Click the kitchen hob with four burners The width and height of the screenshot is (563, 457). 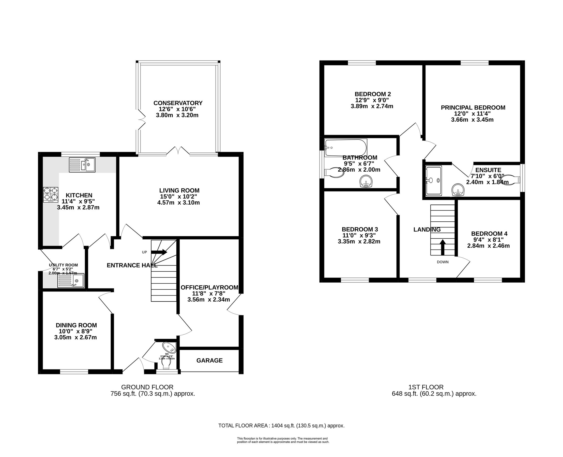51,194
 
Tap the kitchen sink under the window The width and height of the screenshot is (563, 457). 82,165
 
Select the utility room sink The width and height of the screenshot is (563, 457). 71,281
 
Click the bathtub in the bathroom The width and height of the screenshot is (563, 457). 345,148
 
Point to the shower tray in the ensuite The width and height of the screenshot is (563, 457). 434,181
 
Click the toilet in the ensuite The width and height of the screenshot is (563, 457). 510,180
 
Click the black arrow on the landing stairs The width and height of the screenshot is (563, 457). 443,247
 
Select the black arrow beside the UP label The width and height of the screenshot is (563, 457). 159,252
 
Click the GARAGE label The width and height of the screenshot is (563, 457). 209,360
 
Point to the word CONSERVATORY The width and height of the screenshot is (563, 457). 178,103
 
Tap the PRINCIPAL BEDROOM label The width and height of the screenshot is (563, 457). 473,107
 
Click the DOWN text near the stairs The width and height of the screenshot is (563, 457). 443,262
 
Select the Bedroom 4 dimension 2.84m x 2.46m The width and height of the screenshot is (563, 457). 488,246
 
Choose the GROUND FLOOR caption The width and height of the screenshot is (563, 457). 147,387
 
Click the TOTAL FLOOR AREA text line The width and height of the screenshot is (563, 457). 281,426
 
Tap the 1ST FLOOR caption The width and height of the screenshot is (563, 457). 426,387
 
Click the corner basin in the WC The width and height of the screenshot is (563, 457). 169,347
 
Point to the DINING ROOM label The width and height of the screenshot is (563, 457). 76,325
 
